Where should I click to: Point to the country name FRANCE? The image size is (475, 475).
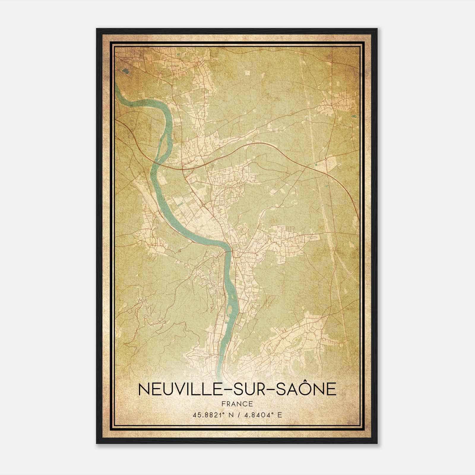click(237, 404)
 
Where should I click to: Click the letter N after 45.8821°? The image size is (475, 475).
click(228, 415)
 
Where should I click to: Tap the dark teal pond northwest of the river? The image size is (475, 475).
click(125, 71)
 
